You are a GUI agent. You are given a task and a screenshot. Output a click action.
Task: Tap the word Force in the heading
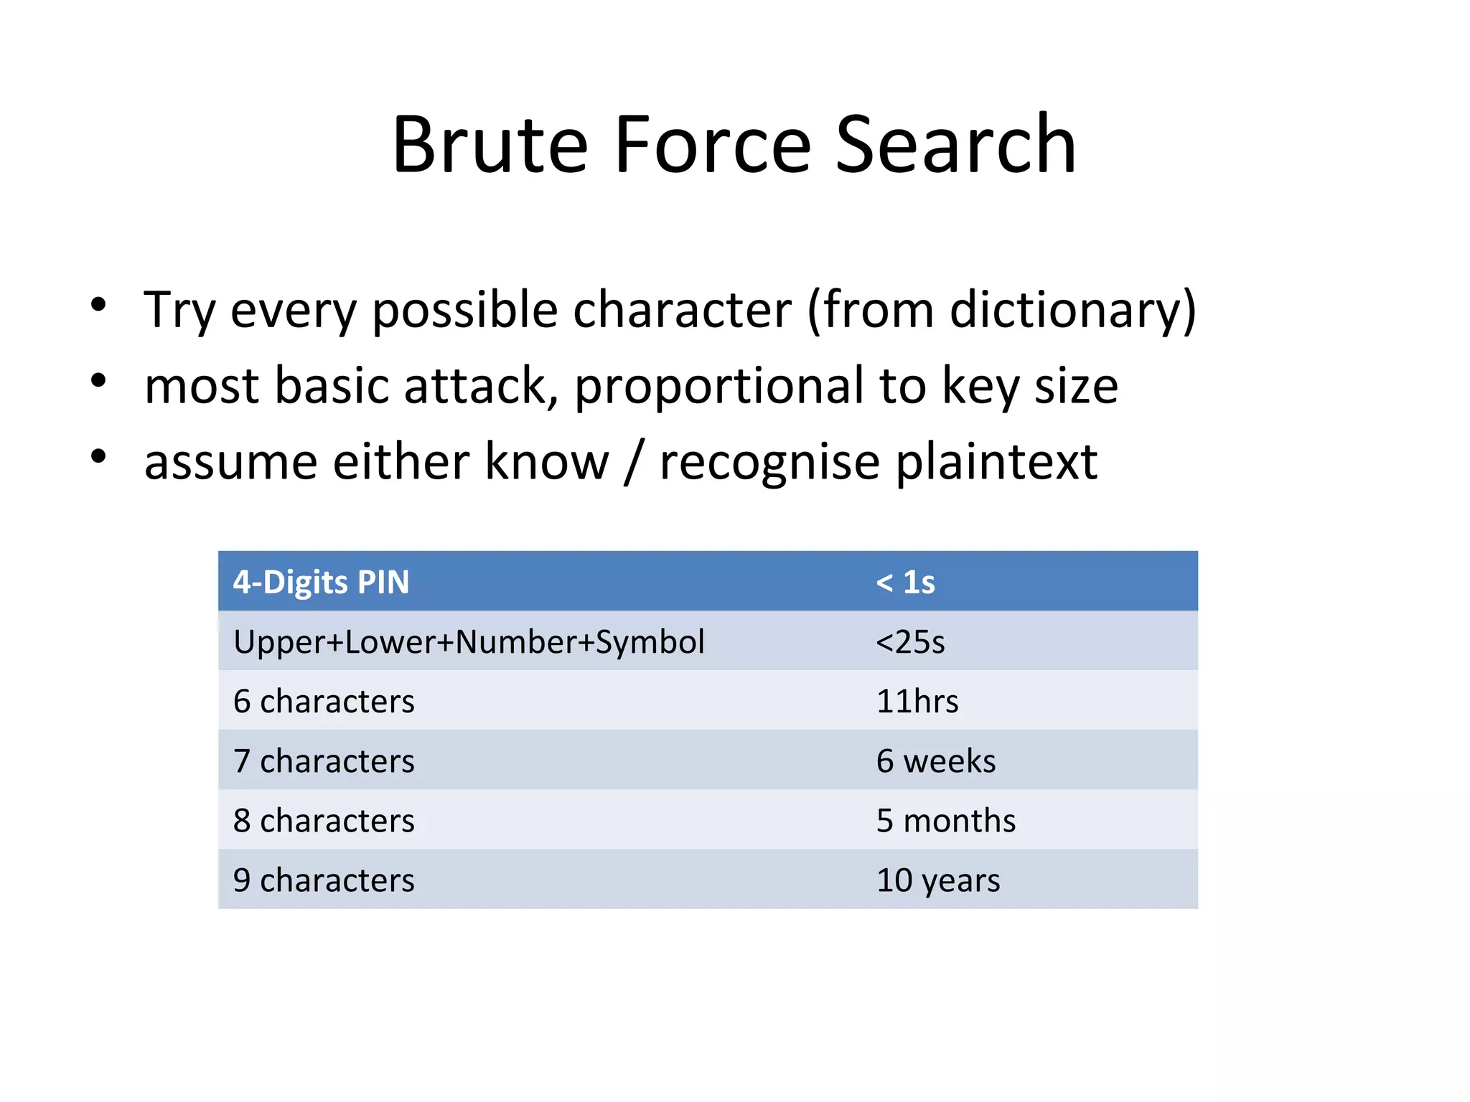(713, 145)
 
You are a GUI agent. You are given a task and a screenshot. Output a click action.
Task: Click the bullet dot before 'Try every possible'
(99, 305)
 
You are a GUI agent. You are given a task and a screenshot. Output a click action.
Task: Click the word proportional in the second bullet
(718, 387)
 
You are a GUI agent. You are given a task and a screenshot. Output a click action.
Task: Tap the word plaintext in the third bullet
(996, 463)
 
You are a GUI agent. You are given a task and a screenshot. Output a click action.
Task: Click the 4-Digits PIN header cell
(321, 582)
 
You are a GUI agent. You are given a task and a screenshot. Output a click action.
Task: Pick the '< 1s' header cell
(905, 582)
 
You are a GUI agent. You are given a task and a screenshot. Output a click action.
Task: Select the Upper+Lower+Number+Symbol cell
(469, 641)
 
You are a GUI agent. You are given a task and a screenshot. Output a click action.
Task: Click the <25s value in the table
(910, 641)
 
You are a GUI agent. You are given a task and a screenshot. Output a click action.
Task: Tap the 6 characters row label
(324, 701)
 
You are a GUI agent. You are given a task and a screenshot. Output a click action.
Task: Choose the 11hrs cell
(917, 701)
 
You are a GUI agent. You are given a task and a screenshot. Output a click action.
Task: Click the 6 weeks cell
(935, 760)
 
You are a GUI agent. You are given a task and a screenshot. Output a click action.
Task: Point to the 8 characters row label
(324, 820)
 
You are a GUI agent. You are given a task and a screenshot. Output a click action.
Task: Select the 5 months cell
(945, 820)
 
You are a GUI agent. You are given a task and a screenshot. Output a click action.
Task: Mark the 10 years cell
(937, 880)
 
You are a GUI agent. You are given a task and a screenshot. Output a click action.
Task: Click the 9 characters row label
(324, 880)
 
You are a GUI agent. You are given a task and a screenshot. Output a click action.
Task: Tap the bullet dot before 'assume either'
(99, 456)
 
